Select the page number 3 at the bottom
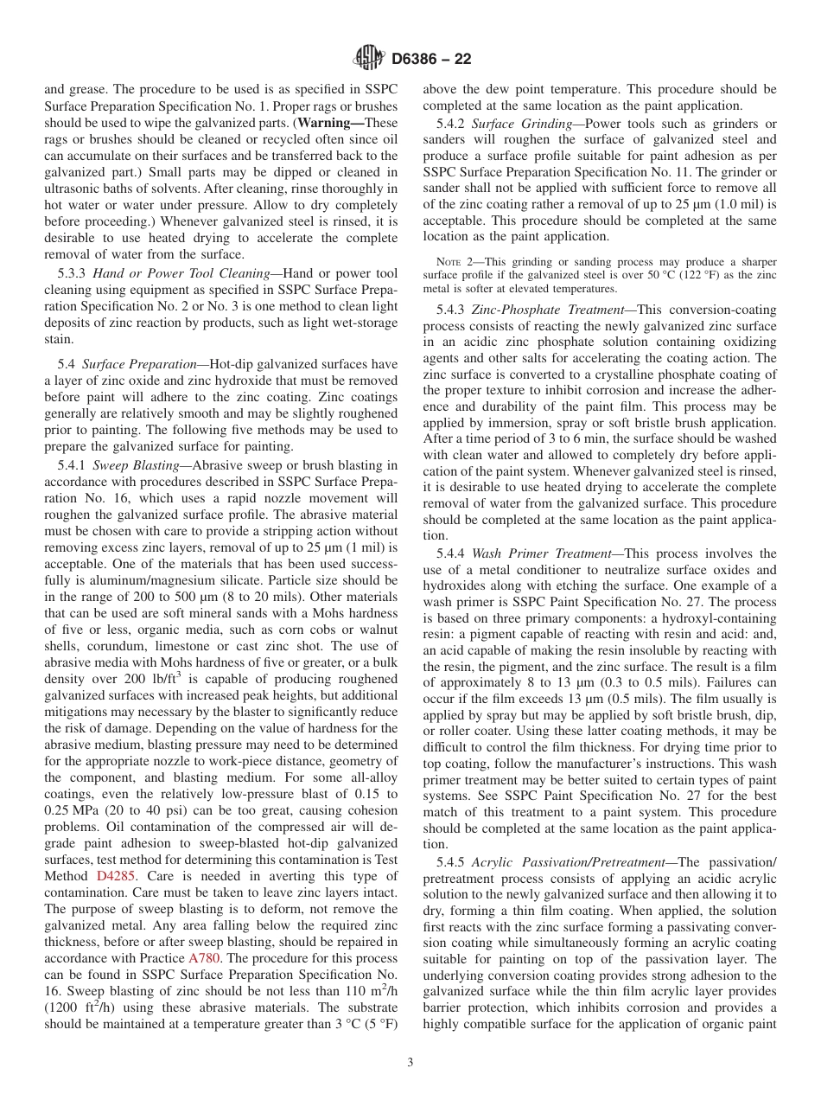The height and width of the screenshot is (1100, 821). coord(410,1063)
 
